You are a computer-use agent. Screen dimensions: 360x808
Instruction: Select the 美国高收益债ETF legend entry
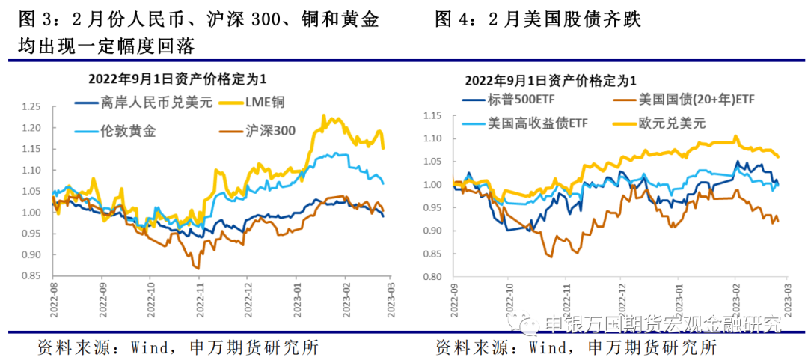click(530, 124)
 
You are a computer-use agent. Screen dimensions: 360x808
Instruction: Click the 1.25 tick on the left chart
click(31, 107)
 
